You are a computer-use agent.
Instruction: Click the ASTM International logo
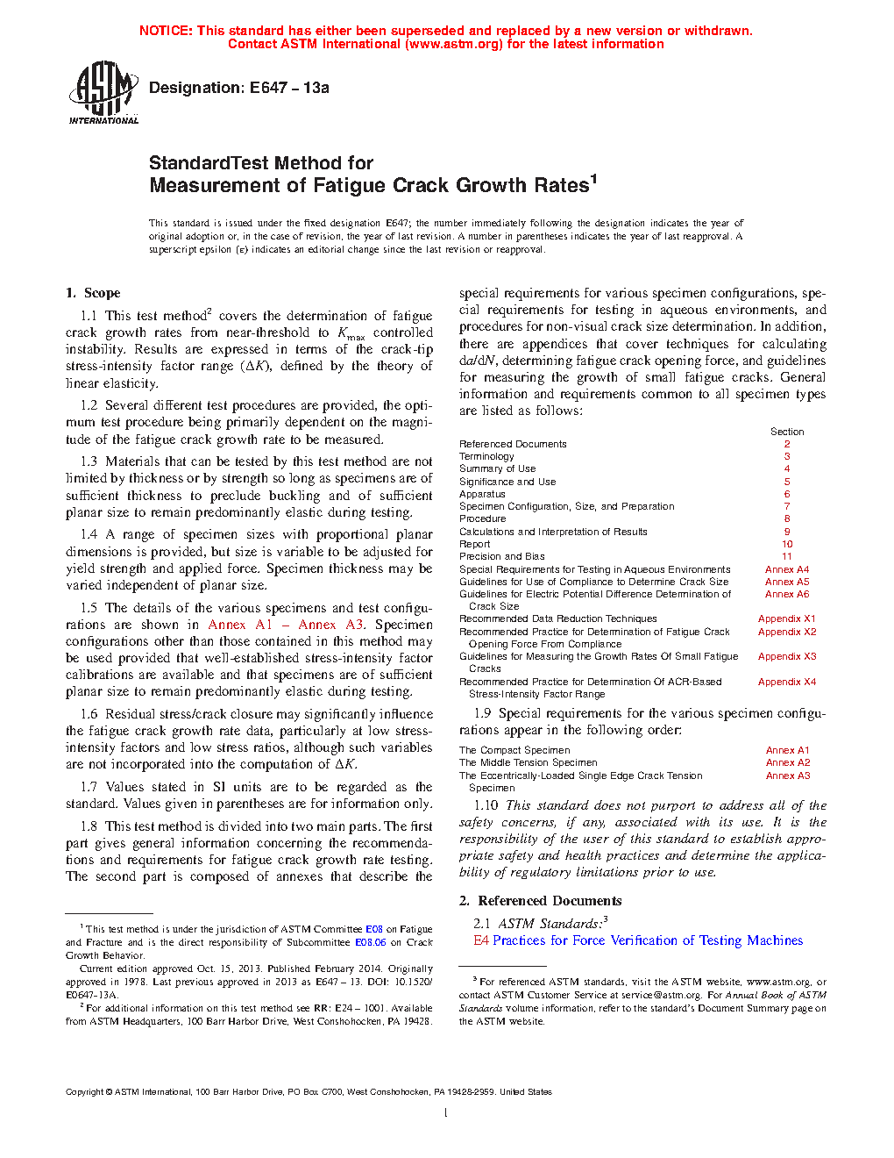pyautogui.click(x=103, y=92)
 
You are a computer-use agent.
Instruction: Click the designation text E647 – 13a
pyautogui.click(x=289, y=88)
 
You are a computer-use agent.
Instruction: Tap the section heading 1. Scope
pyautogui.click(x=93, y=293)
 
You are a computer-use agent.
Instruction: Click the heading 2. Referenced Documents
pyautogui.click(x=540, y=901)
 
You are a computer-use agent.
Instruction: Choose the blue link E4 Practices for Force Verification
pyautogui.click(x=638, y=940)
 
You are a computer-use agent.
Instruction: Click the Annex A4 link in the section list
pyautogui.click(x=787, y=569)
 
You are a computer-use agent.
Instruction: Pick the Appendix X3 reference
pyautogui.click(x=787, y=656)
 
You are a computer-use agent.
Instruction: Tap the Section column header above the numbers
pyautogui.click(x=787, y=432)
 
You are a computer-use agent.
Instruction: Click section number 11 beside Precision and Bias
pyautogui.click(x=787, y=556)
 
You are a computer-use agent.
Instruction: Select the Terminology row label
pyautogui.click(x=486, y=456)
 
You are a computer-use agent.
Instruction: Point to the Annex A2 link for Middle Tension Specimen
pyautogui.click(x=787, y=762)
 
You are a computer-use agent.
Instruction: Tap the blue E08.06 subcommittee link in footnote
pyautogui.click(x=370, y=942)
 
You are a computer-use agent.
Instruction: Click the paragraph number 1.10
pyautogui.click(x=486, y=805)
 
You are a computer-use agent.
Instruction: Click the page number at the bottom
pyautogui.click(x=446, y=1113)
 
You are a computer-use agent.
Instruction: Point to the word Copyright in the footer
pyautogui.click(x=84, y=1092)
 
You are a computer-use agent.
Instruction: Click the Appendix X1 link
pyautogui.click(x=787, y=618)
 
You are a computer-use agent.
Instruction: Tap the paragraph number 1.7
pyautogui.click(x=89, y=787)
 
